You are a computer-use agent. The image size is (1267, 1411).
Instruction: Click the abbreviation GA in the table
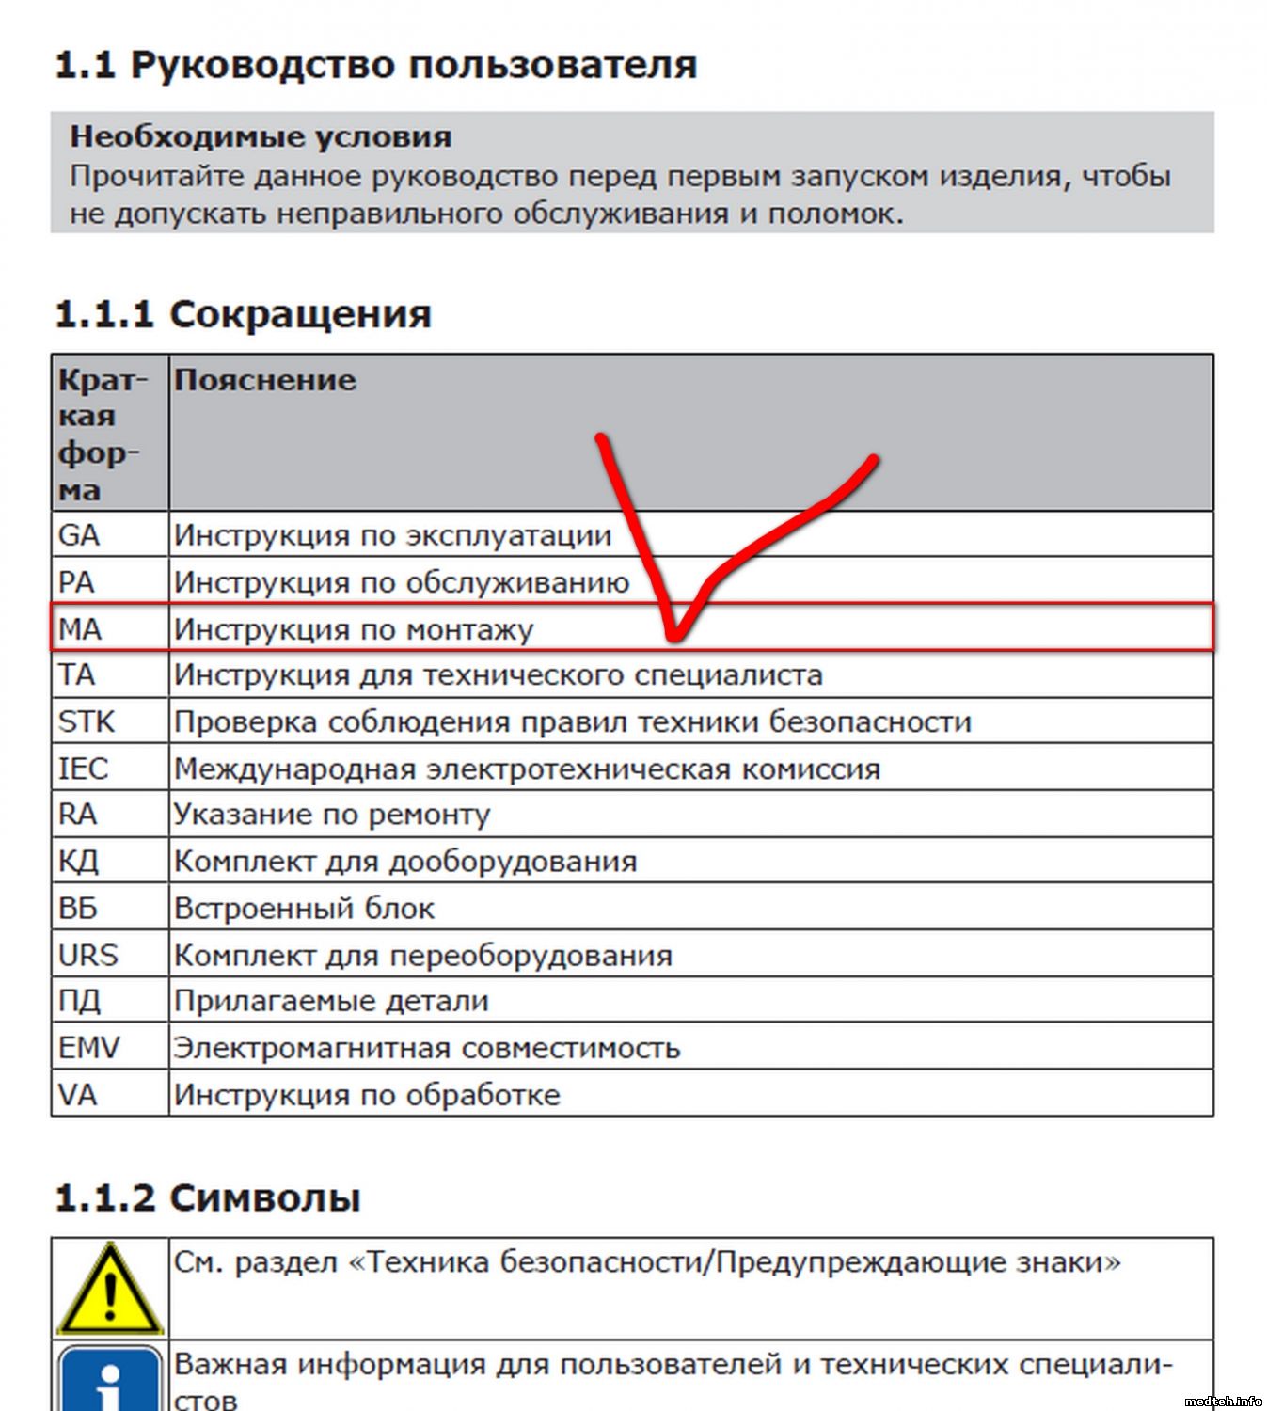(79, 535)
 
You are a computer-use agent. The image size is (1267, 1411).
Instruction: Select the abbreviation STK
(87, 721)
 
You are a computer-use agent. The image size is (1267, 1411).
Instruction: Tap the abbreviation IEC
(84, 769)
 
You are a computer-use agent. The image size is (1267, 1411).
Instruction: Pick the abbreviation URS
(88, 955)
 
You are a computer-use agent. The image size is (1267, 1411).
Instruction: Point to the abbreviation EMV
(89, 1047)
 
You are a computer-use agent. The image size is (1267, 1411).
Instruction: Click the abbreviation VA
(78, 1094)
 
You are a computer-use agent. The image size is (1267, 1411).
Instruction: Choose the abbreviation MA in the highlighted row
(80, 628)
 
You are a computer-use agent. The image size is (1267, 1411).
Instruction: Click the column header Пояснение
(265, 380)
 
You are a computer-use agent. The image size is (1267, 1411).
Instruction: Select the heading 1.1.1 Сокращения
(243, 313)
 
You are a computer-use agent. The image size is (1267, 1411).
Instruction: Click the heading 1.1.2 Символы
(208, 1197)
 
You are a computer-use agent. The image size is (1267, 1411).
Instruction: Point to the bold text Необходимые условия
(261, 136)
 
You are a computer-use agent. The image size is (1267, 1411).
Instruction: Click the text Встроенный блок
(304, 908)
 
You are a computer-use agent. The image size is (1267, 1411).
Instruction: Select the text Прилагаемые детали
(331, 1000)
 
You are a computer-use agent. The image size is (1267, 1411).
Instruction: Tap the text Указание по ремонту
(332, 814)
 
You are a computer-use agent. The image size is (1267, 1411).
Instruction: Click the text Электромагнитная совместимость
(427, 1047)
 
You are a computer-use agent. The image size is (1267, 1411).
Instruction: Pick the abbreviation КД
(78, 861)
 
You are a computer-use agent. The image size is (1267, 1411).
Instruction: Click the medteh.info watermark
(1223, 1401)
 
